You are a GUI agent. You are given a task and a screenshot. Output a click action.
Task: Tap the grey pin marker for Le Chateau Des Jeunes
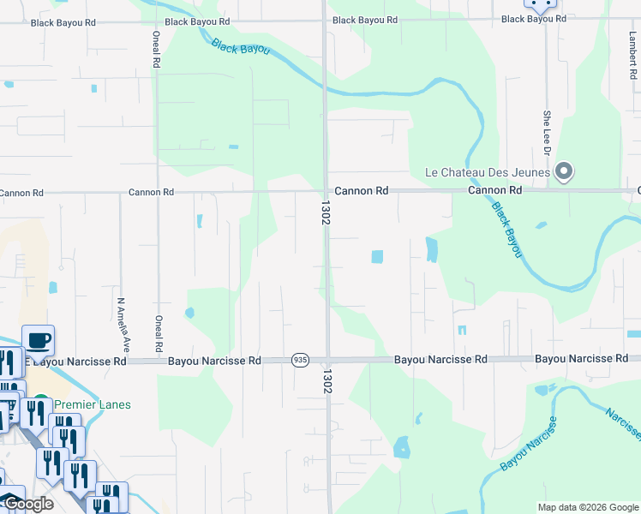coord(563,172)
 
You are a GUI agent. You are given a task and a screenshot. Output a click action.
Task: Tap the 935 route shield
coord(299,361)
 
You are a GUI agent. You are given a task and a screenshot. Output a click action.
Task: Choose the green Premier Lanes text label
coord(93,404)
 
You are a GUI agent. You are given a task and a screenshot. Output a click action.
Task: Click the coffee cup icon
coord(39,340)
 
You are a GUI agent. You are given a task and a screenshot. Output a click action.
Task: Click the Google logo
coord(27,504)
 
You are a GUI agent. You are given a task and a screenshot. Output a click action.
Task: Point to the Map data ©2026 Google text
coord(587,507)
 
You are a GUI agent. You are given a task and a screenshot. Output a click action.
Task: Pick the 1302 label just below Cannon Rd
coord(326,213)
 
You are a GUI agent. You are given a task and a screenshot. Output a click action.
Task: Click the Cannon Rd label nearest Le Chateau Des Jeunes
coord(494,190)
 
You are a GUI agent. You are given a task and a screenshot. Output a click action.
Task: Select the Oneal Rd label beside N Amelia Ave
coord(159,334)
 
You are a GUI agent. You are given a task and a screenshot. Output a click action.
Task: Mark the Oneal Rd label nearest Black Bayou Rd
coord(156,50)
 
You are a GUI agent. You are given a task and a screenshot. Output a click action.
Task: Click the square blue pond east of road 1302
coord(377,256)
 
